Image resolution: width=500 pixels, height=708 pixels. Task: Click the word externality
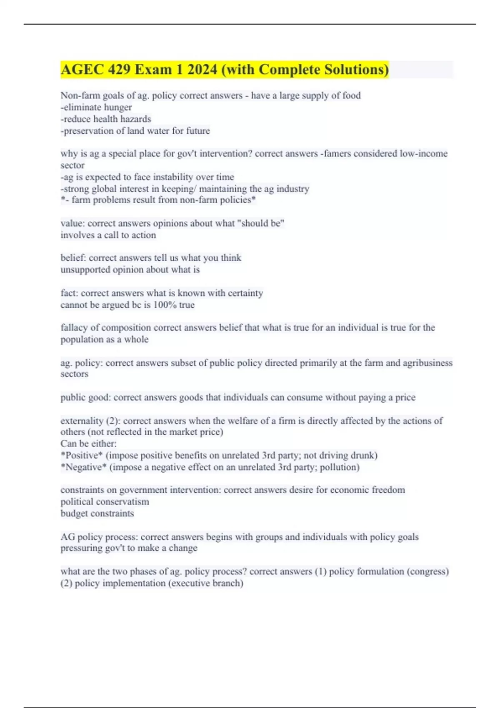[x=82, y=421]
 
